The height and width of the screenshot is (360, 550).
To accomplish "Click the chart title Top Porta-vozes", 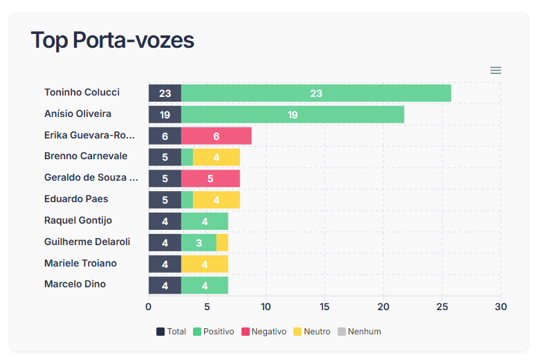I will (112, 40).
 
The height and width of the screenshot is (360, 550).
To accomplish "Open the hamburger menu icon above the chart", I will (495, 71).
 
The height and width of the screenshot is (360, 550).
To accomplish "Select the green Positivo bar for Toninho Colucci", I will (316, 93).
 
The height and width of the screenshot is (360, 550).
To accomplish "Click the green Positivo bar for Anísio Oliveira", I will (293, 115).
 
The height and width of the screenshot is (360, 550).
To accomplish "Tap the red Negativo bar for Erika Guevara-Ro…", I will (217, 136).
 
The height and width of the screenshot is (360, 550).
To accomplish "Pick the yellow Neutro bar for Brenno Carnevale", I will (217, 157).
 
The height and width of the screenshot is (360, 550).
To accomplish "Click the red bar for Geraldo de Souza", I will (210, 179).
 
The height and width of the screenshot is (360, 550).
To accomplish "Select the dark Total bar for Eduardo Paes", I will (165, 200).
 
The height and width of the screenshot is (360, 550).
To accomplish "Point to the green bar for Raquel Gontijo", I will (205, 222).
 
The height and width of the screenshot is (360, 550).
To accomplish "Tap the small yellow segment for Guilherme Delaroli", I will (222, 243).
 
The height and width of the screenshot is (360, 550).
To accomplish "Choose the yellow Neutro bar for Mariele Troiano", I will (205, 264).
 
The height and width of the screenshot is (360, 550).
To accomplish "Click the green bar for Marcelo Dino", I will (205, 286).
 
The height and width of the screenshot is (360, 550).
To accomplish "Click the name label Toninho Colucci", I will (82, 92).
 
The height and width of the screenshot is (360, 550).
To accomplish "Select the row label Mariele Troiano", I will (80, 263).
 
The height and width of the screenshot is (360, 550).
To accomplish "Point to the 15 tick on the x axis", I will (324, 307).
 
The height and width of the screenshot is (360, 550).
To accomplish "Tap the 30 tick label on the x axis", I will (501, 307).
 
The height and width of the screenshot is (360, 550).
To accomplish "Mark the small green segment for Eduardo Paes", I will (187, 200).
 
